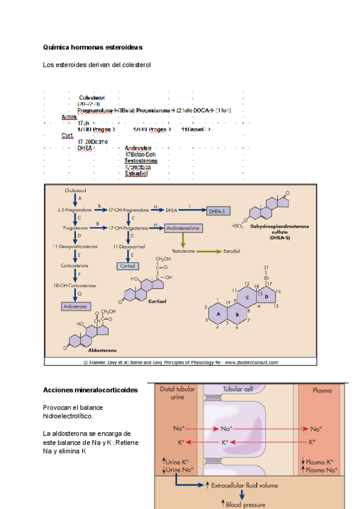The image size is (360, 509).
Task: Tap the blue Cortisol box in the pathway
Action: coord(127,265)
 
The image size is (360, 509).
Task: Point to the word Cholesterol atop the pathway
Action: coord(76,190)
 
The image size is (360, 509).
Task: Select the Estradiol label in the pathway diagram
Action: coord(232,251)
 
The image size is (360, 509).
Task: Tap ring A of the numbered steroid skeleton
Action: coord(218,314)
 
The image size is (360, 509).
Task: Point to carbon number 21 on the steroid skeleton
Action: coord(265,267)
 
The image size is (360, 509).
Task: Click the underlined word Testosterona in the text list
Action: coord(141,161)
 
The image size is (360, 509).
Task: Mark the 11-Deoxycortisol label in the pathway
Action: coord(127,246)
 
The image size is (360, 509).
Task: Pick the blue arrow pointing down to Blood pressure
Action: coord(242,495)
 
